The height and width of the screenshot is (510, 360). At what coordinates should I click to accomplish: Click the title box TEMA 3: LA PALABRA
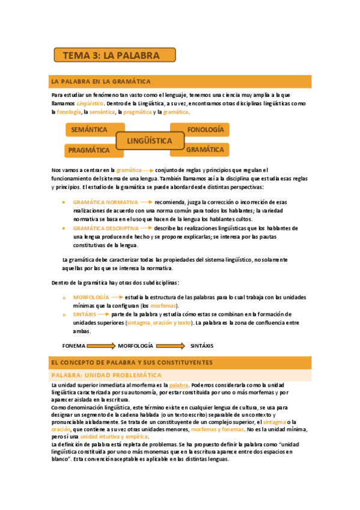(x=115, y=55)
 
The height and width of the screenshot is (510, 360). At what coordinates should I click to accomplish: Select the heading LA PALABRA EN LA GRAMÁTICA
(x=101, y=81)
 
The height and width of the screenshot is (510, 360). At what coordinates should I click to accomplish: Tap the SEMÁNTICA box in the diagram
(x=89, y=130)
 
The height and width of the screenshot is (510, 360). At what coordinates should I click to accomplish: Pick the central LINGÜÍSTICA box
(x=150, y=141)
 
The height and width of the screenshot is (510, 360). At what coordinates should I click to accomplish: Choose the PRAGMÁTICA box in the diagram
(x=89, y=150)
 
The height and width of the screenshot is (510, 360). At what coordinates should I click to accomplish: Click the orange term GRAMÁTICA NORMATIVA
(x=105, y=203)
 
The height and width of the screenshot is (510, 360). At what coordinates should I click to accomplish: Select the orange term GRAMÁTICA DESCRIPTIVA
(x=106, y=229)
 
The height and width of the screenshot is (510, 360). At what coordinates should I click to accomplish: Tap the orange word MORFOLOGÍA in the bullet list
(x=91, y=297)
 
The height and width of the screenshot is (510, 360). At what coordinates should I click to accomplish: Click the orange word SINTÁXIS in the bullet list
(x=85, y=315)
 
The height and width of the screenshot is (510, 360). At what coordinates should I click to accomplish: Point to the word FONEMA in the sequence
(x=74, y=346)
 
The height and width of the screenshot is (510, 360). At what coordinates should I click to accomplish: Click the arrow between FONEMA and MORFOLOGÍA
(x=100, y=346)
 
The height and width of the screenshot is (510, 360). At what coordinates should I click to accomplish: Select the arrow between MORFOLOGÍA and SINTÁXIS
(x=171, y=346)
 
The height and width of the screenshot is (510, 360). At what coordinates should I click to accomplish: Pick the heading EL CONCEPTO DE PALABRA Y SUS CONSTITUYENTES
(x=132, y=363)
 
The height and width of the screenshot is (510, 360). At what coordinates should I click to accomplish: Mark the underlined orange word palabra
(x=178, y=385)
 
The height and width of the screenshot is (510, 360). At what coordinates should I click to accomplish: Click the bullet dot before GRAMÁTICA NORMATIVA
(x=64, y=203)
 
